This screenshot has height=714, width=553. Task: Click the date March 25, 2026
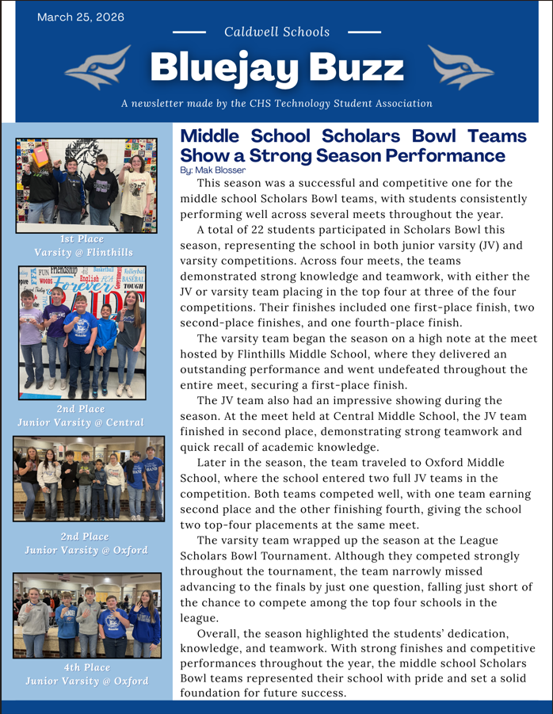coord(81,17)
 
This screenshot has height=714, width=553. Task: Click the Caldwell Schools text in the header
coord(276,32)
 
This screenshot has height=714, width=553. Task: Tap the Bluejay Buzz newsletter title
coord(276,68)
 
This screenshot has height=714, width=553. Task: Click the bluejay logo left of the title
coord(99,67)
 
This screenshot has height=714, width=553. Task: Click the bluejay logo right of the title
coord(455,67)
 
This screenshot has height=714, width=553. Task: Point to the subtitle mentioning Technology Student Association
coord(276,103)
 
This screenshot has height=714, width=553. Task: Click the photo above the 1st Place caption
coord(86,183)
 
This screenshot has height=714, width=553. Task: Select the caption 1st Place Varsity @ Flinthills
coord(86,246)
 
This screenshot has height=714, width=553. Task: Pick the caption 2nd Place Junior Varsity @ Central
coord(81,415)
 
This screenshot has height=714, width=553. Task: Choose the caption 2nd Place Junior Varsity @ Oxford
coord(86,544)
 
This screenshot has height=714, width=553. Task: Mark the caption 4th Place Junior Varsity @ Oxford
coord(86,674)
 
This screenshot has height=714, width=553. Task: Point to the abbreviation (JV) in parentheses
coord(488,246)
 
